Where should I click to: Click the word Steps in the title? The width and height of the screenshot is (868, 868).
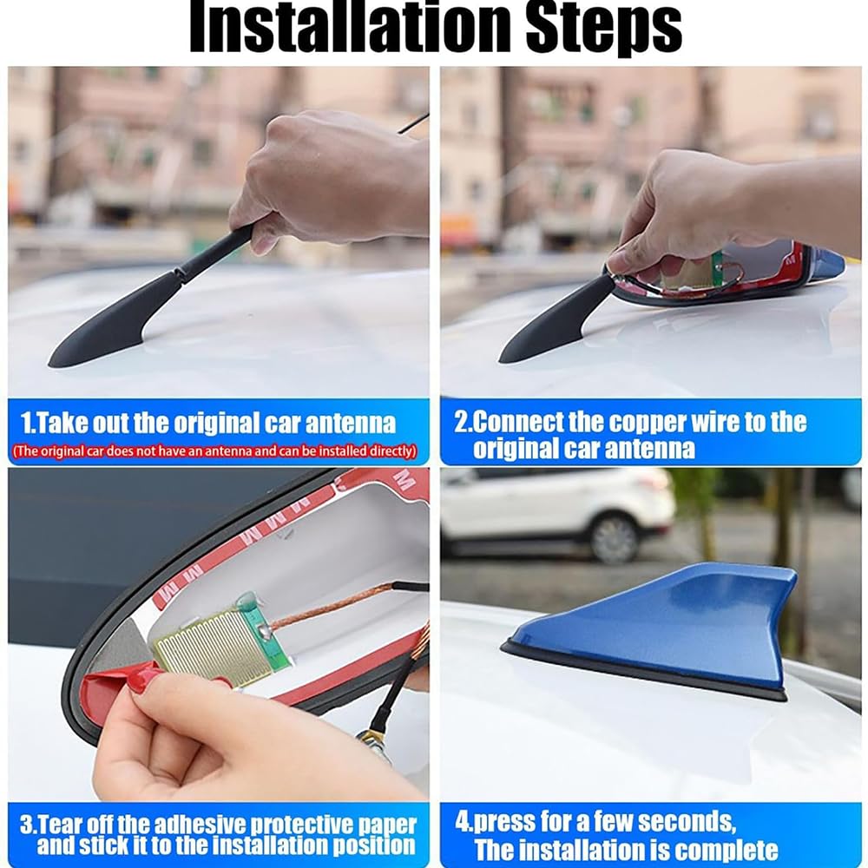(604, 29)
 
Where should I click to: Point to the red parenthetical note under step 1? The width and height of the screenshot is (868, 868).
(214, 451)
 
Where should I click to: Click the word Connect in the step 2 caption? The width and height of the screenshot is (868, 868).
(517, 423)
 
